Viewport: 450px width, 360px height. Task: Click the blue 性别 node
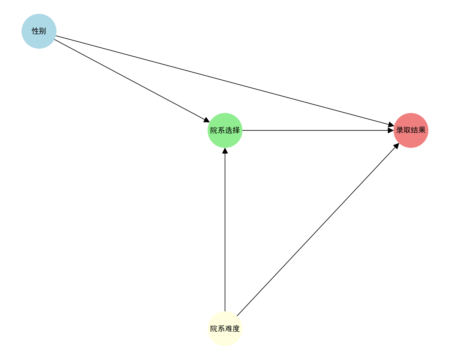click(39, 31)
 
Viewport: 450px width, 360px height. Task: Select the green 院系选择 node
click(225, 130)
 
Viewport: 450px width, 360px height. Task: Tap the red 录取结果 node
click(411, 130)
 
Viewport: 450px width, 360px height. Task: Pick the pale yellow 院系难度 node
click(225, 329)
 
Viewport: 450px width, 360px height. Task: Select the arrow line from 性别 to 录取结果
click(222, 80)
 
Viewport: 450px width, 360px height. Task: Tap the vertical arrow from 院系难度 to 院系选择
click(225, 231)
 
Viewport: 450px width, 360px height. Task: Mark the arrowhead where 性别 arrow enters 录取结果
click(391, 125)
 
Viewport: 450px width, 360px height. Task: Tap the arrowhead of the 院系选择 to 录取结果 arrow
click(391, 130)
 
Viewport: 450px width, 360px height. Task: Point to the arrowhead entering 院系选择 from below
click(225, 151)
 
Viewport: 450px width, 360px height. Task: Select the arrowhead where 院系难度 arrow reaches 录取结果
click(396, 146)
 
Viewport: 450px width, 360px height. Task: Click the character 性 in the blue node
click(35, 31)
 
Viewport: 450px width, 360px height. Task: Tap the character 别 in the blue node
click(43, 31)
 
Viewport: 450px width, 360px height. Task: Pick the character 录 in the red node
click(400, 130)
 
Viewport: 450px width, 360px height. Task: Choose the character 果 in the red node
click(422, 130)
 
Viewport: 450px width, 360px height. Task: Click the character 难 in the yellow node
click(229, 329)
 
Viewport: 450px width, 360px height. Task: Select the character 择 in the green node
click(236, 130)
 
